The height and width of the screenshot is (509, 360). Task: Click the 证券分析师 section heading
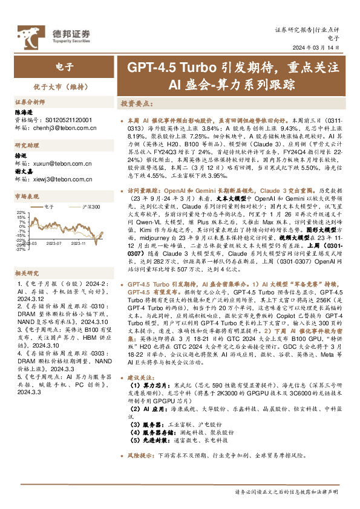click(x=30, y=102)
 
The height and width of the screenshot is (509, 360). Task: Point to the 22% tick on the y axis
click(x=21, y=213)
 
